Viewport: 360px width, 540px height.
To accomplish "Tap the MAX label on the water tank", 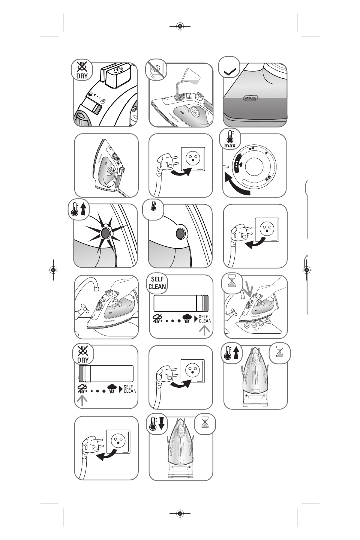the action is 251,98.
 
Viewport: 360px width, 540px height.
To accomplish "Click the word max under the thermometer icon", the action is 230,145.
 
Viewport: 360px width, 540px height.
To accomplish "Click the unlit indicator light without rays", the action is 180,234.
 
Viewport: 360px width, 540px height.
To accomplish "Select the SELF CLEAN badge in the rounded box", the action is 157,283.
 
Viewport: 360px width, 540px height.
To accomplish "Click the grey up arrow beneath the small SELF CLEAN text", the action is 204,330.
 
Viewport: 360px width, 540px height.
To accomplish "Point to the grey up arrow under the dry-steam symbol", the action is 82,400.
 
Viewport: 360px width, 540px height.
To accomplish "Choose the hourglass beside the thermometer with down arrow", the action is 205,424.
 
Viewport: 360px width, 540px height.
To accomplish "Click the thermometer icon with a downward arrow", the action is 157,424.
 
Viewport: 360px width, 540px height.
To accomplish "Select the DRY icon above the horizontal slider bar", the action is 83,355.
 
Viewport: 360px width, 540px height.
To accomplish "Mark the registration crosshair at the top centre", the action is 180,26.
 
